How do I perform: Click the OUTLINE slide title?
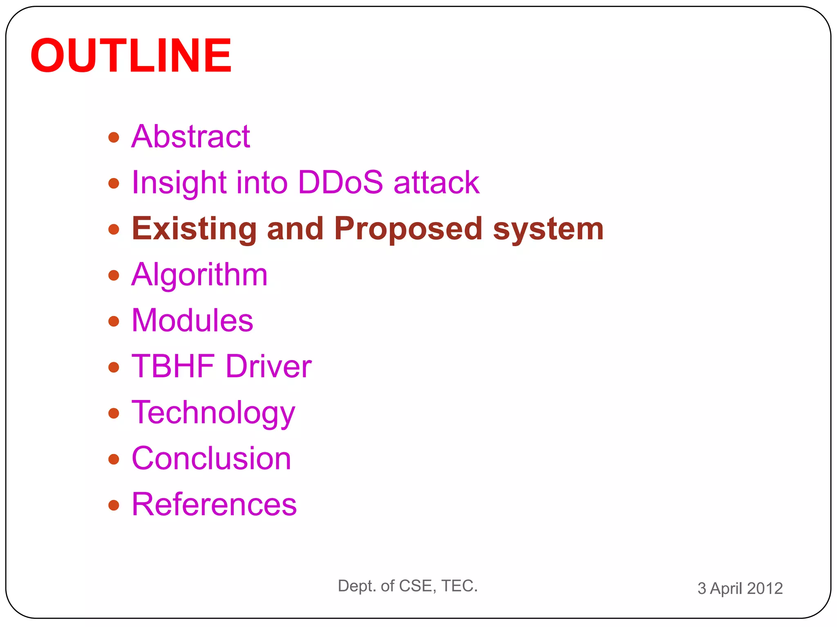(131, 56)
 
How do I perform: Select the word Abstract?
(190, 136)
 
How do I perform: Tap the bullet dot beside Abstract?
(114, 137)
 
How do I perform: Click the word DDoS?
(340, 182)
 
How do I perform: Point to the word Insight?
(179, 183)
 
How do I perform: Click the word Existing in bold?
(194, 229)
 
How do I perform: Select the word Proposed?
(408, 229)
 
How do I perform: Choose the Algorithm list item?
(199, 275)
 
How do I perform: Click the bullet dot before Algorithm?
(114, 275)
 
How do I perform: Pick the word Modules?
(192, 320)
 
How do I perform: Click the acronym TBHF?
(173, 366)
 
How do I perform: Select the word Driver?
(269, 366)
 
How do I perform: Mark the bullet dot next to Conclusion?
(114, 459)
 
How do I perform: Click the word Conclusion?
(211, 458)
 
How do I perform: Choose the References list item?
(214, 505)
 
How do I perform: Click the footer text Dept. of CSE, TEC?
(407, 586)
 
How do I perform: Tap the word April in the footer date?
(726, 588)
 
